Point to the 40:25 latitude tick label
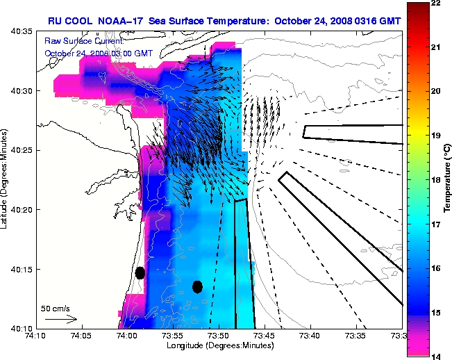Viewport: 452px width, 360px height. [23, 150]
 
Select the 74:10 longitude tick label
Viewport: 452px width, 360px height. [36, 335]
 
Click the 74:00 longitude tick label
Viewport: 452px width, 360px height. [127, 335]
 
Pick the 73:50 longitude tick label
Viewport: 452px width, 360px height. [219, 335]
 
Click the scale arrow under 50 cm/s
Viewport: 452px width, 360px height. [61, 319]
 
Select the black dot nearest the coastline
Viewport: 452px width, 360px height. [140, 272]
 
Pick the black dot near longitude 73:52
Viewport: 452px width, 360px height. [197, 286]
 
